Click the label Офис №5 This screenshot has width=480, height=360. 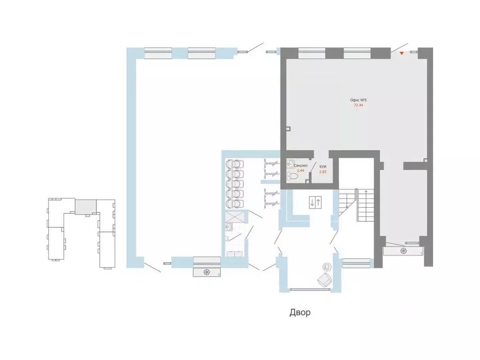pos(358,100)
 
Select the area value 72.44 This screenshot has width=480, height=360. pos(358,105)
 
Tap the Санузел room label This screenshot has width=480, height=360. pos(300,165)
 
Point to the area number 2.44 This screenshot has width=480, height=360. pos(300,171)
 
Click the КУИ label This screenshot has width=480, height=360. pos(322,167)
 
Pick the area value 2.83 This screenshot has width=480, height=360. pos(322,172)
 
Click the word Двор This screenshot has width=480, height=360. pos(300,313)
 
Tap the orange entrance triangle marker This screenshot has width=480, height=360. pos(402,53)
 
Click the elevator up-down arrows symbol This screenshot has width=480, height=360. pos(315,202)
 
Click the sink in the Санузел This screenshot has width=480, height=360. pos(291,164)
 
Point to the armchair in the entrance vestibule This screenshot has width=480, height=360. pos(324,280)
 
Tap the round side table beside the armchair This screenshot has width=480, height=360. pos(327,266)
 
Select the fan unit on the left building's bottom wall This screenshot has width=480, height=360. pos(207,272)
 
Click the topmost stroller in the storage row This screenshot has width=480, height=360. pos(235,164)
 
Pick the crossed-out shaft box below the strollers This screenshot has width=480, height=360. pos(235,217)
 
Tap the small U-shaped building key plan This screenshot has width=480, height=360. pos(82,233)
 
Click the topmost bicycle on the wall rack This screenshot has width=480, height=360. pos(272,163)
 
